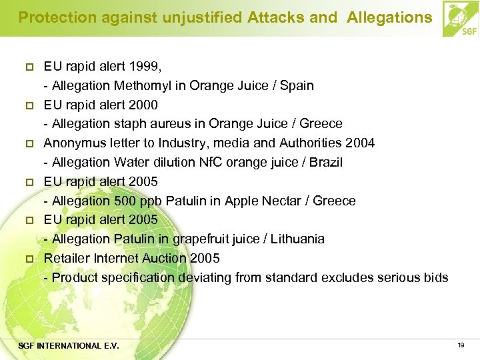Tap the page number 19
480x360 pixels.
pyautogui.click(x=461, y=345)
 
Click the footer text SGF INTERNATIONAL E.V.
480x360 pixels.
pyautogui.click(x=69, y=345)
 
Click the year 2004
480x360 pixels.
pyautogui.click(x=360, y=143)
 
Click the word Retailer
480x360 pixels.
pyautogui.click(x=67, y=258)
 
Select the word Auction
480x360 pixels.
pyautogui.click(x=163, y=258)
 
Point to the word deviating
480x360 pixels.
pyautogui.click(x=200, y=277)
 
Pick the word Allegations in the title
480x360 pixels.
pyautogui.click(x=389, y=18)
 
